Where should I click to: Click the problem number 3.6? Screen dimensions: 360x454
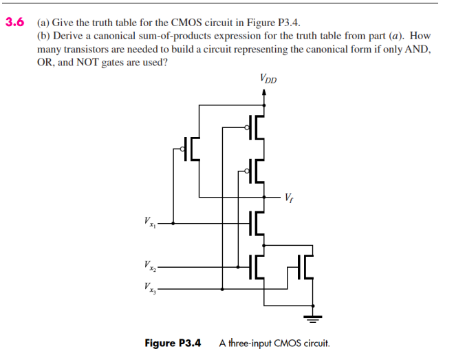(x=15, y=21)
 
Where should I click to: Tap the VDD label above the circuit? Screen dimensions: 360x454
(x=269, y=77)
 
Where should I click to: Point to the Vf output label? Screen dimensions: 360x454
(x=291, y=199)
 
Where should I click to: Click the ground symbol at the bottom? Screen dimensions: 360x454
(x=314, y=319)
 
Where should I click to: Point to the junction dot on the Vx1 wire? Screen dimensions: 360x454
(x=173, y=223)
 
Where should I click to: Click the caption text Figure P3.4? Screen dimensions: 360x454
(x=173, y=343)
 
